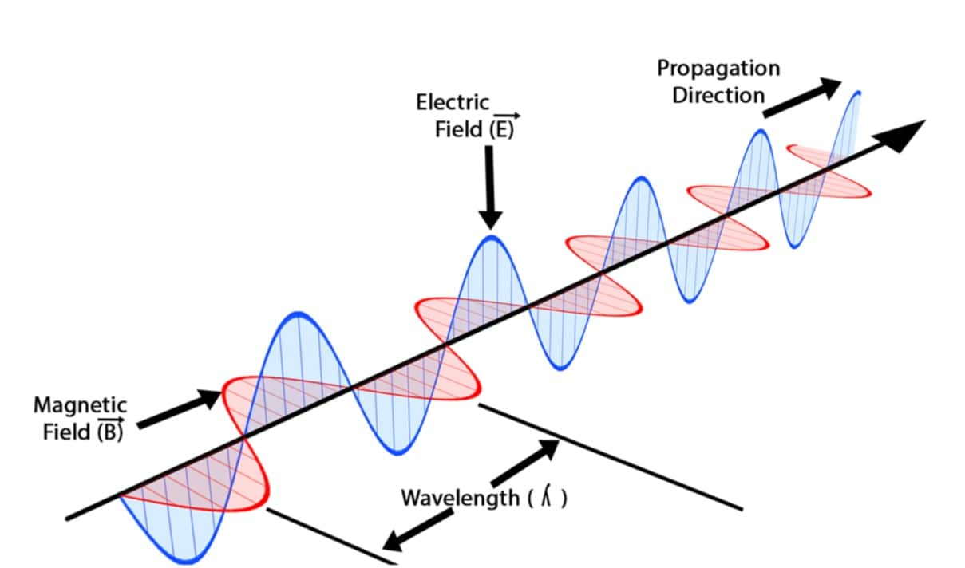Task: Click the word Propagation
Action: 718,69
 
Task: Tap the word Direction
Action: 718,96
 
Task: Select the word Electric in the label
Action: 453,103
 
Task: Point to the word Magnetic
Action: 80,405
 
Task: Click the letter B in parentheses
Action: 110,433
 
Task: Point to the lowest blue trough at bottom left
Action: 188,561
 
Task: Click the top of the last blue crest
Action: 858,93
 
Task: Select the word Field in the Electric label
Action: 458,129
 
